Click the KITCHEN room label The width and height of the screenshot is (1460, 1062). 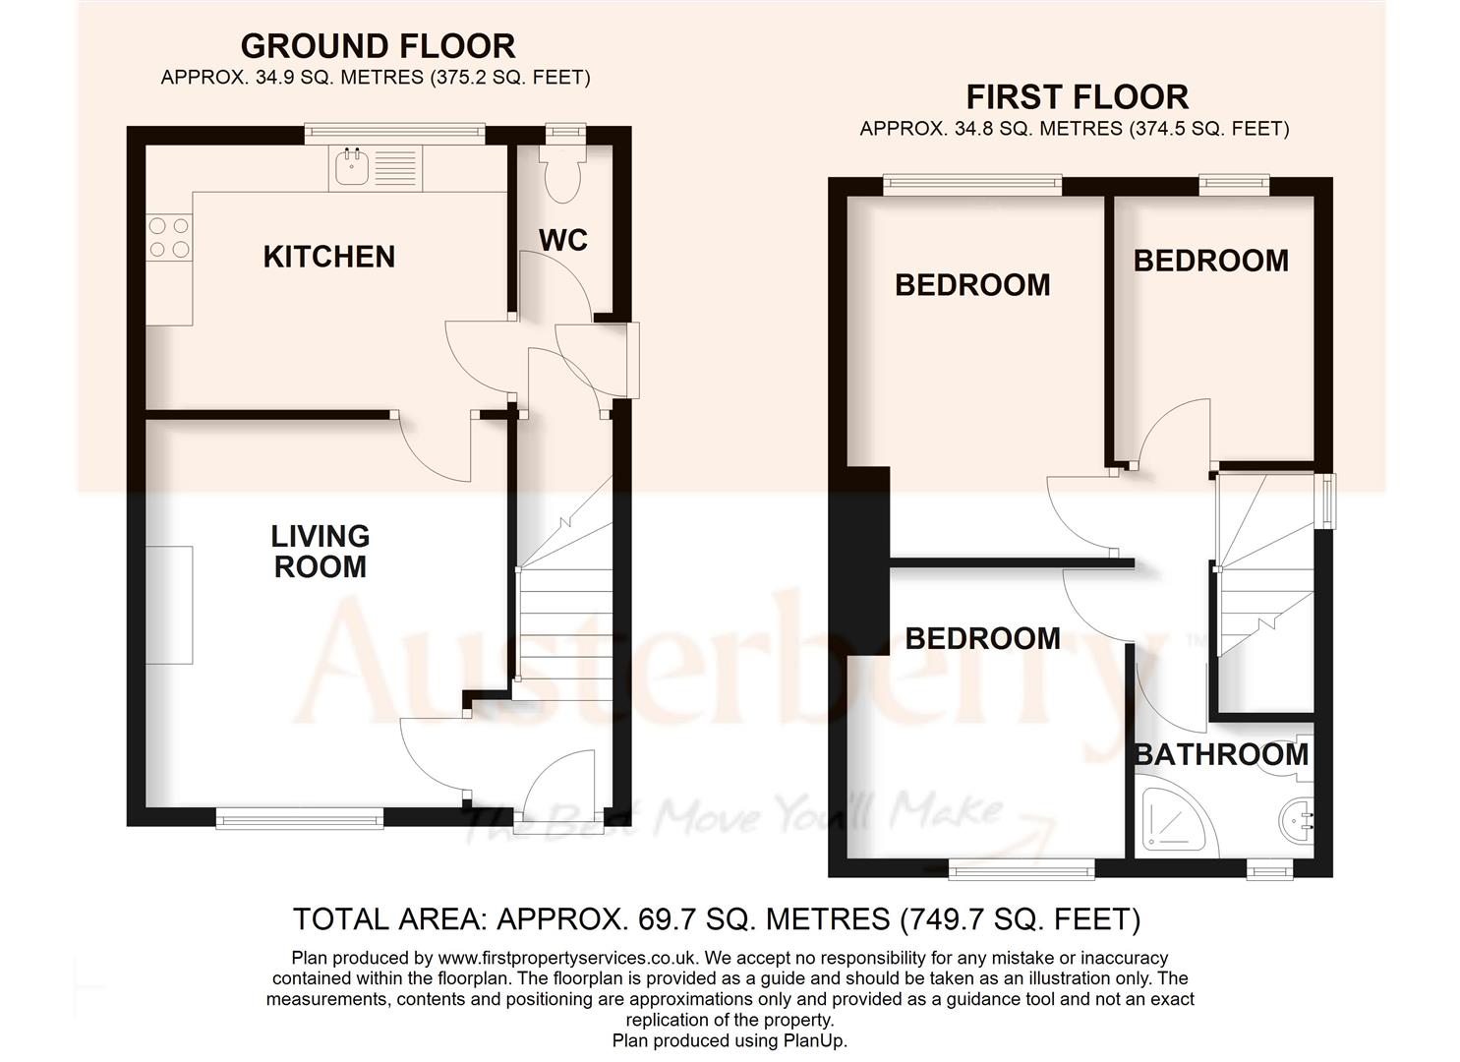[x=328, y=257]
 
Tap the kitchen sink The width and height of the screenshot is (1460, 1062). [x=351, y=168]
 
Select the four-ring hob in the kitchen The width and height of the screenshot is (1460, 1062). [x=168, y=238]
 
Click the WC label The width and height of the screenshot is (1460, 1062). [x=563, y=239]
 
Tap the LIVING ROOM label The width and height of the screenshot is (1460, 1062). [x=320, y=551]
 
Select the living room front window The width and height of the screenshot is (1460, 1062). [x=299, y=817]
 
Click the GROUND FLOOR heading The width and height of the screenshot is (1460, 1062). [x=378, y=46]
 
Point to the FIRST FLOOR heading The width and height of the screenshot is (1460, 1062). [x=1077, y=97]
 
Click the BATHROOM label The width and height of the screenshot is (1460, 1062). [x=1221, y=754]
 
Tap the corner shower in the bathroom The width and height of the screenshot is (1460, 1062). [x=1172, y=819]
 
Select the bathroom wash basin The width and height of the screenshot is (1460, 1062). [x=1300, y=817]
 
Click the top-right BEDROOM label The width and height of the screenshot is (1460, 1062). [x=1210, y=261]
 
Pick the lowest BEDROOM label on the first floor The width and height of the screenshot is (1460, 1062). [x=982, y=638]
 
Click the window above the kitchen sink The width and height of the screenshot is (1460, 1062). [x=394, y=130]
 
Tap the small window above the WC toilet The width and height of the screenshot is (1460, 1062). [x=564, y=129]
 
